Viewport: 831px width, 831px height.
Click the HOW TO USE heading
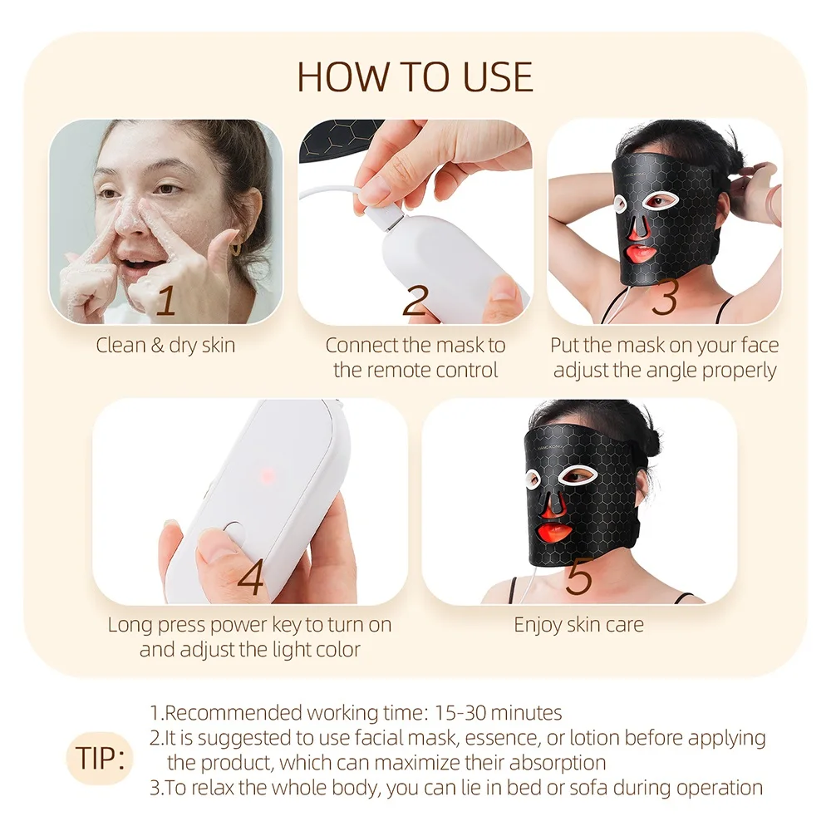(415, 77)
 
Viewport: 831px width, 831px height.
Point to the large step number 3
(664, 299)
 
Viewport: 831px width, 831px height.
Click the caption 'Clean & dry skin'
(165, 345)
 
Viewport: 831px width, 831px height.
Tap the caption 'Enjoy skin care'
(578, 624)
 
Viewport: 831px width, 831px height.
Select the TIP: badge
(99, 757)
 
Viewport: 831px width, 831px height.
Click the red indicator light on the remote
(268, 475)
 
